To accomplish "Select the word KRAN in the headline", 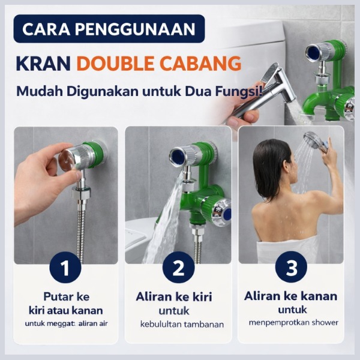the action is pos(43,63).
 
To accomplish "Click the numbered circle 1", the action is pos(65,268).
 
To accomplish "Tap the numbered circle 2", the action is pos(178,268).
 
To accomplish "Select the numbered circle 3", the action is pos(291,267).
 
